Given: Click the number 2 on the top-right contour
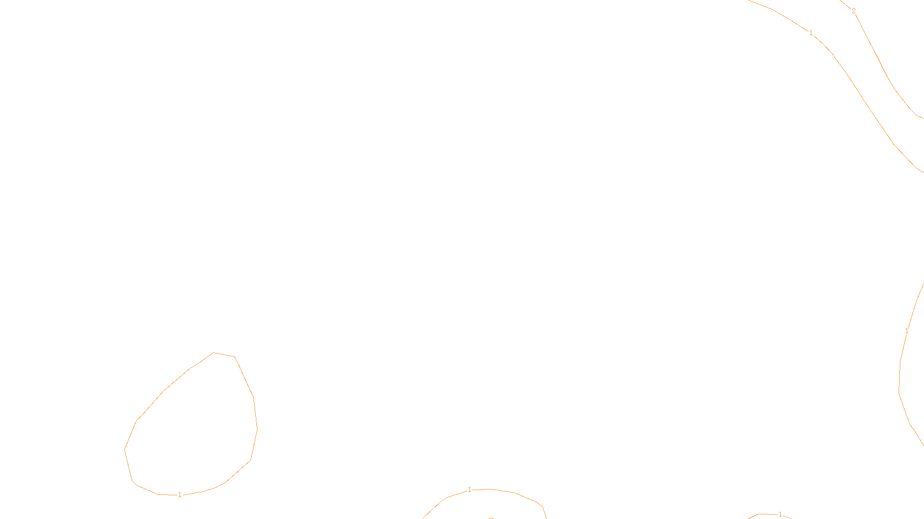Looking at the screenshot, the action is coord(854,11).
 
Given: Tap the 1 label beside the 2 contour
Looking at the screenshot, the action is coord(811,33).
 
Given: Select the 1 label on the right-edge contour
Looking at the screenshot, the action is coord(907,331).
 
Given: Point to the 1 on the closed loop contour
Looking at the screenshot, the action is coord(180,495).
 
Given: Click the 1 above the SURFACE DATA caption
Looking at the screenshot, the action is coord(470,490).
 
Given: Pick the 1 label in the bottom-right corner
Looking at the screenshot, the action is coord(780,514).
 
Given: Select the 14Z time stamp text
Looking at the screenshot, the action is coord(438,510).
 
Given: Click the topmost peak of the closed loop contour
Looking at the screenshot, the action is coord(214,352).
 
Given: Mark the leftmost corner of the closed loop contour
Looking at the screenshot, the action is coord(125,449).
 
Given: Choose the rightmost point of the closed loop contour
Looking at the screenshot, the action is coord(257,428).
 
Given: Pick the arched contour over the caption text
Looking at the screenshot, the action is coord(514,493).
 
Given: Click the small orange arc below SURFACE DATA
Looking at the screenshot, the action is coord(491,518).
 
